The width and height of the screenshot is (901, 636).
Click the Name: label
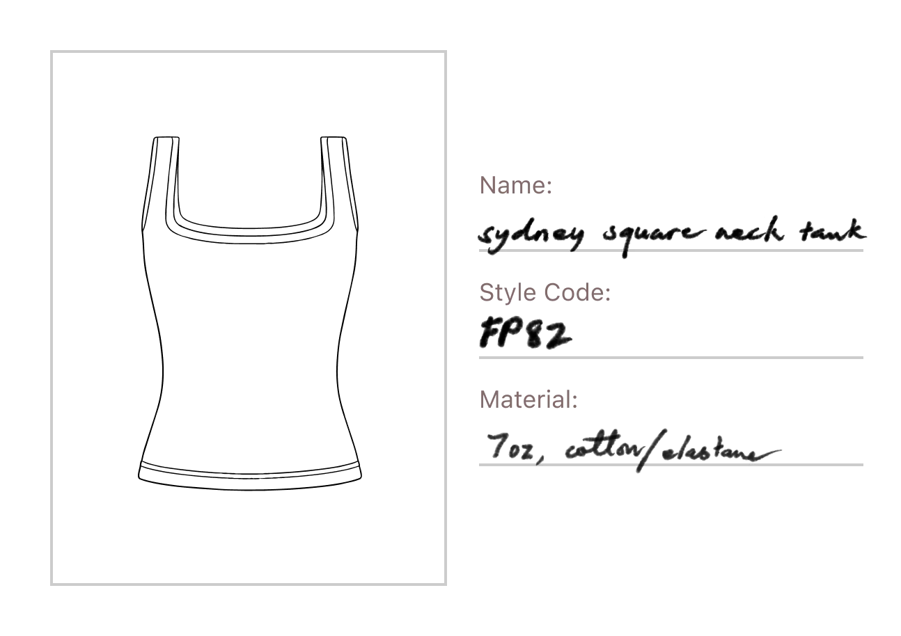(515, 186)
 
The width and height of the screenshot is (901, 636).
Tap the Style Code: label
(545, 294)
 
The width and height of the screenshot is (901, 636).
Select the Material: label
(528, 401)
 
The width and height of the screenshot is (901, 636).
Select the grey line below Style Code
(671, 359)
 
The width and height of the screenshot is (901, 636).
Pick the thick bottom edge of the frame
(251, 584)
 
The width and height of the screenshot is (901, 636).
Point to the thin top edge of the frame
(251, 53)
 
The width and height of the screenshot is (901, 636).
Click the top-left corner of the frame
(53, 53)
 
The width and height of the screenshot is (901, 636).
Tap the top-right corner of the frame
(446, 53)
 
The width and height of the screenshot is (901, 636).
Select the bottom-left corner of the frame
(53, 585)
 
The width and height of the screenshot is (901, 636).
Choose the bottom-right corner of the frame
(446, 585)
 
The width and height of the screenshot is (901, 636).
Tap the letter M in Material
(487, 401)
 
